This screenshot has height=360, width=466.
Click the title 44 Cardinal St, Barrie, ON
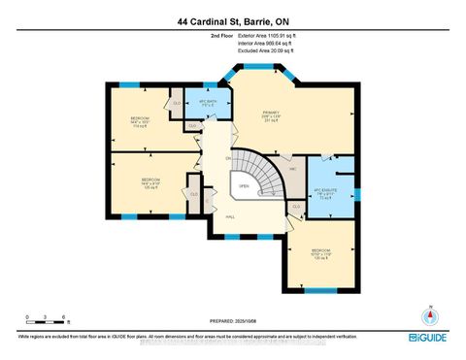click(232, 20)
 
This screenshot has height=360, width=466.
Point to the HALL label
click(230, 217)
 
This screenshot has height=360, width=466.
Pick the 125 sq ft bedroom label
click(149, 183)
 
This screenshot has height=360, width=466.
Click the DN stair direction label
click(228, 157)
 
